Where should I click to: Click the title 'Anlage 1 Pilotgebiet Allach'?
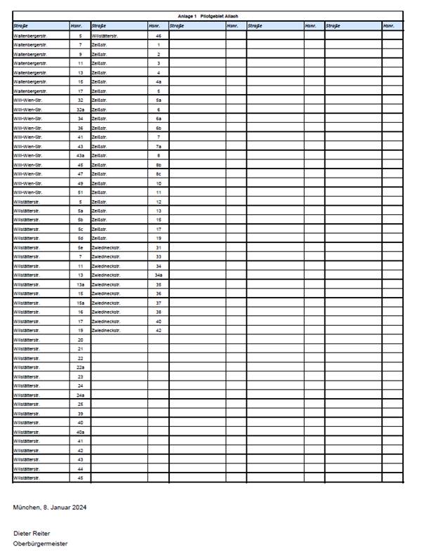(208, 15)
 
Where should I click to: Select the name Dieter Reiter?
(32, 534)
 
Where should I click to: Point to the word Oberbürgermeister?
(40, 543)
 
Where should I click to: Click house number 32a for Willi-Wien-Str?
(80, 110)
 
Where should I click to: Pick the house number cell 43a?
(80, 155)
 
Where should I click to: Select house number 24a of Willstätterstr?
(80, 395)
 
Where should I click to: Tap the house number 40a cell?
(80, 432)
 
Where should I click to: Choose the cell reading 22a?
(80, 367)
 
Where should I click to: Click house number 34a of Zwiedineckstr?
(159, 275)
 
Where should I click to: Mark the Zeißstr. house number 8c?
(159, 173)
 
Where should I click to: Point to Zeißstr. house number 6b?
(159, 128)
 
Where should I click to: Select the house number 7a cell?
(159, 146)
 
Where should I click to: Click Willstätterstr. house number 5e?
(80, 248)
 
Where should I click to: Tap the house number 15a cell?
(80, 303)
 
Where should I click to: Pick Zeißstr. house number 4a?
(159, 81)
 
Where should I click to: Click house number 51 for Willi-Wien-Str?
(80, 192)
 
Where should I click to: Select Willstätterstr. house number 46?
(159, 36)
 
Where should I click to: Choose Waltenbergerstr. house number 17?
(80, 91)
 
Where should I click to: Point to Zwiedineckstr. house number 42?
(159, 330)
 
